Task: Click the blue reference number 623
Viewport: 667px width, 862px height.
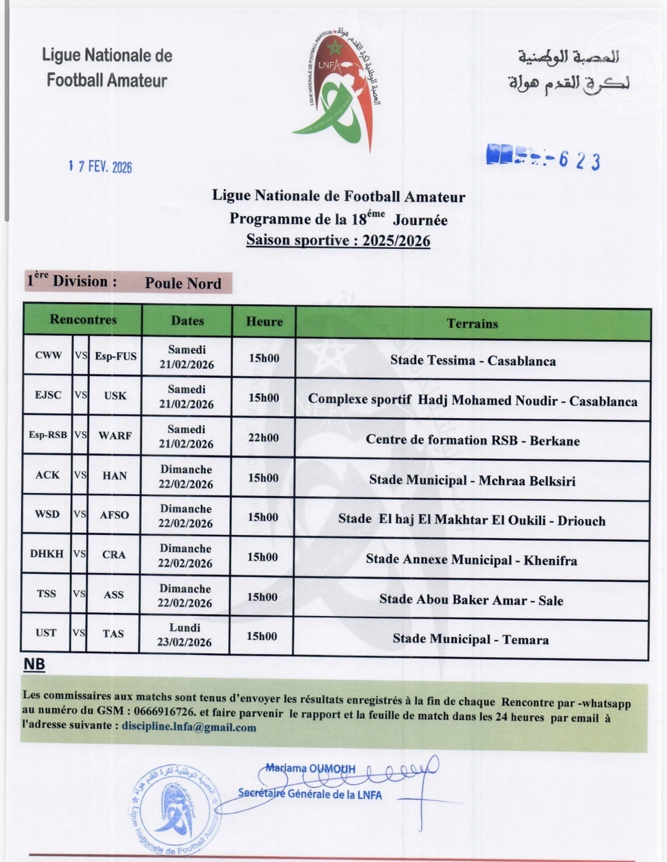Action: [579, 161]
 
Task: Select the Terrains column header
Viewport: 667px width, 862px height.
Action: [472, 324]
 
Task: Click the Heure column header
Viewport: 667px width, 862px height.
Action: [264, 321]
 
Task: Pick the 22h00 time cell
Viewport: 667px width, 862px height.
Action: [263, 438]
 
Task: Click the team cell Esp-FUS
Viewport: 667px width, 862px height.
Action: [115, 356]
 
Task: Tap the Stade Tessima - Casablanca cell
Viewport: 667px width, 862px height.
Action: [473, 361]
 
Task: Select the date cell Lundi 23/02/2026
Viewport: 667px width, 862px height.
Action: [185, 635]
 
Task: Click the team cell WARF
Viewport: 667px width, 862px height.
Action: [115, 435]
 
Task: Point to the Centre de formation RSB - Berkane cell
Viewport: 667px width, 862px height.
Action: [472, 440]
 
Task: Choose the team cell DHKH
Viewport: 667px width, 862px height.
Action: [47, 554]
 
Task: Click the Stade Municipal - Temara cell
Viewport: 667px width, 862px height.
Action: [470, 639]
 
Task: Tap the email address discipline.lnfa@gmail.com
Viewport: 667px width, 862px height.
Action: [189, 728]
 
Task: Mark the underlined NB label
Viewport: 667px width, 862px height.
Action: [34, 665]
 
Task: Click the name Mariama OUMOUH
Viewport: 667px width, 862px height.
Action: [310, 769]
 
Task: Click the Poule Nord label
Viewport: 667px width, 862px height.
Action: [183, 283]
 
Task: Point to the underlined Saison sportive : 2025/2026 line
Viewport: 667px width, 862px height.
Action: [338, 240]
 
